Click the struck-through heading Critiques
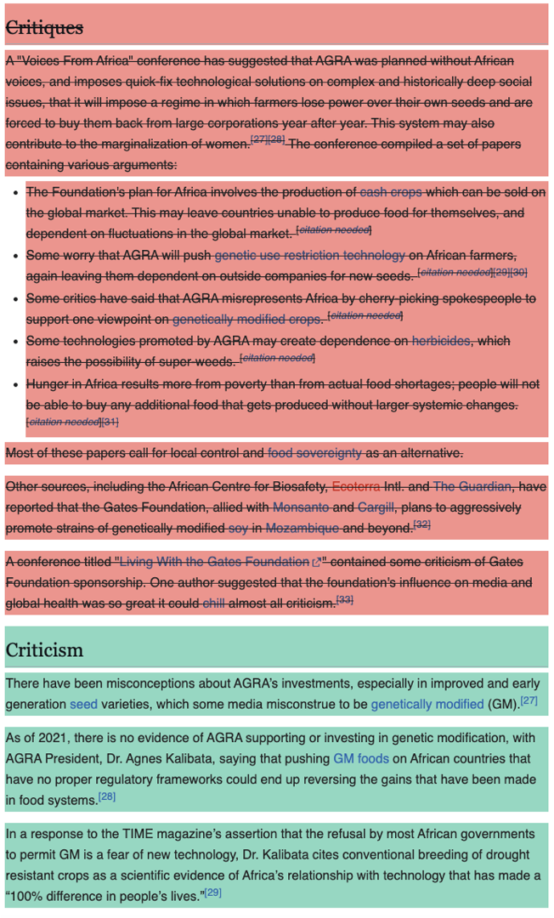pos(45,28)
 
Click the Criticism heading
pos(44,650)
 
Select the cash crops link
pos(392,191)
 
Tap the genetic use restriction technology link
pos(309,255)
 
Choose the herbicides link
pos(440,341)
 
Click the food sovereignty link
pos(314,452)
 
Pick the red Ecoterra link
pos(356,486)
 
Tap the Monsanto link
pos(301,507)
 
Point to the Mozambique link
pos(302,529)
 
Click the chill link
pos(215,603)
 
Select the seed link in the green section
pos(83,704)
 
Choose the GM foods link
pos(361,758)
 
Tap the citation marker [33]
pos(344,600)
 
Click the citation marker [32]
pos(421,525)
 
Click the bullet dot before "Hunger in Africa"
pos(16,383)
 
